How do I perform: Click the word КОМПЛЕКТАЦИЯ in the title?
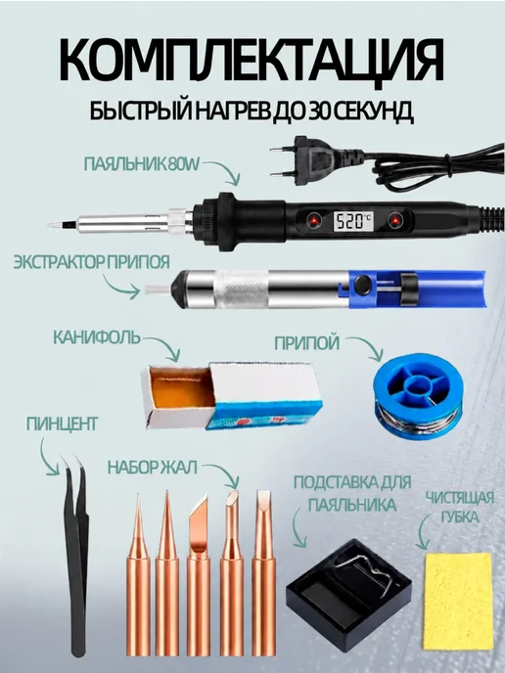(252, 60)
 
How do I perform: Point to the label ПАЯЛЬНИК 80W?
(142, 164)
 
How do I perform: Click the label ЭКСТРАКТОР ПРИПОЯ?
(91, 262)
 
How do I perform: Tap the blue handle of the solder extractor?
(417, 289)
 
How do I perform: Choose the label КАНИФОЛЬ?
(97, 337)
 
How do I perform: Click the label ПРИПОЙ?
(306, 343)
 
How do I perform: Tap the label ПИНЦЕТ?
(62, 424)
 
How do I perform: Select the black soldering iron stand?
(348, 587)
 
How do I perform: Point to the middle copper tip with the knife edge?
(198, 575)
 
